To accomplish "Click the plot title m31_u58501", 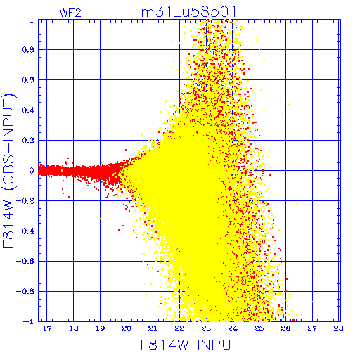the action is tap(189, 12).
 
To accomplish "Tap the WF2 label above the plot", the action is tap(70, 13).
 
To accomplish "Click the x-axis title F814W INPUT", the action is tap(190, 345).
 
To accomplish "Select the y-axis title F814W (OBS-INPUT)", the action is tap(8, 170).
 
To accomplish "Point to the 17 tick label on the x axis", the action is tap(47, 328).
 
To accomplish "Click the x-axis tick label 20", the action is tap(127, 328).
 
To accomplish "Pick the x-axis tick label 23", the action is tap(206, 328).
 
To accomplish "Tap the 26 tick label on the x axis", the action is tap(285, 328).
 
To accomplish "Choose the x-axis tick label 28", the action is tap(339, 328).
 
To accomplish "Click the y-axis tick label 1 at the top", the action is tap(32, 20).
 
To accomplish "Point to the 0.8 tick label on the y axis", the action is tap(28, 50).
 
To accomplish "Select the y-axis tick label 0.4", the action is tap(28, 110).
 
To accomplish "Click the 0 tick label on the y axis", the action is tap(32, 171).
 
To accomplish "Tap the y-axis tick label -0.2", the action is tap(25, 201).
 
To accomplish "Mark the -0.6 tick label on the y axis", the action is tap(25, 261).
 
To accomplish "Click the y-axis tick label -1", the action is tap(29, 321).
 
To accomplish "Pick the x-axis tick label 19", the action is tap(100, 328).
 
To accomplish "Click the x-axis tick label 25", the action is tap(259, 328).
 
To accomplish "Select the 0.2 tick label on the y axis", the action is tap(28, 141).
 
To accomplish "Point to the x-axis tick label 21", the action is tap(153, 328).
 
